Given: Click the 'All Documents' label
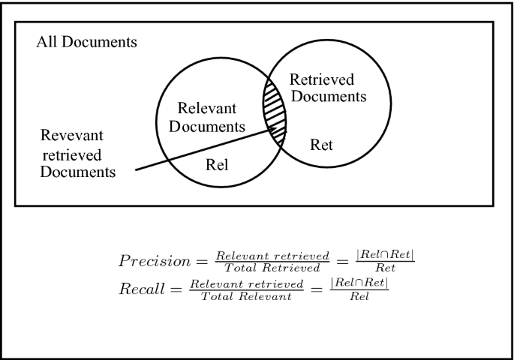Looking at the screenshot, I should click(86, 42).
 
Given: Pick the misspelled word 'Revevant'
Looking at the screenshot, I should click(74, 137).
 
